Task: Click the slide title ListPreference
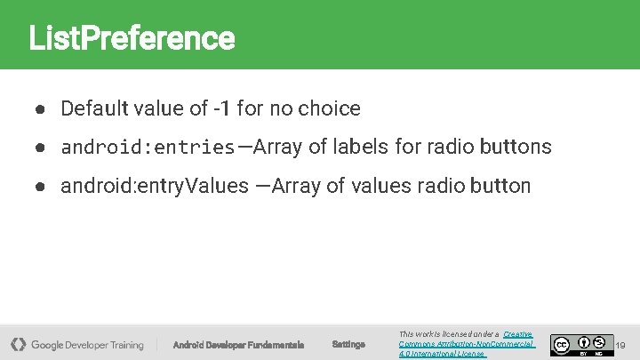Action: coord(132,38)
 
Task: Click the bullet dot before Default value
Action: coord(41,109)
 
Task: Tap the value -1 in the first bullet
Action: coord(222,109)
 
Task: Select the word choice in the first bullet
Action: coord(329,109)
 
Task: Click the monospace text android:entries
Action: coord(148,148)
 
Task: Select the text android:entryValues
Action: coord(155,187)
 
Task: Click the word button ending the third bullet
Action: coord(500,187)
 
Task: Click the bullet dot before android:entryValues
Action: coord(41,187)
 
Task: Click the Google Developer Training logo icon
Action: coord(18,344)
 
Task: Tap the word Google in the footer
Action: coord(50,345)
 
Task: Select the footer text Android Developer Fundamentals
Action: coord(238,345)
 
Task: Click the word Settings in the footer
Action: coord(348,345)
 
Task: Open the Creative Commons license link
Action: coord(467,344)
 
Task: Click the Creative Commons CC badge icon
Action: coord(561,343)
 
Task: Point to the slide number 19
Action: coord(620,345)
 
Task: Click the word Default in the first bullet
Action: coord(94,109)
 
